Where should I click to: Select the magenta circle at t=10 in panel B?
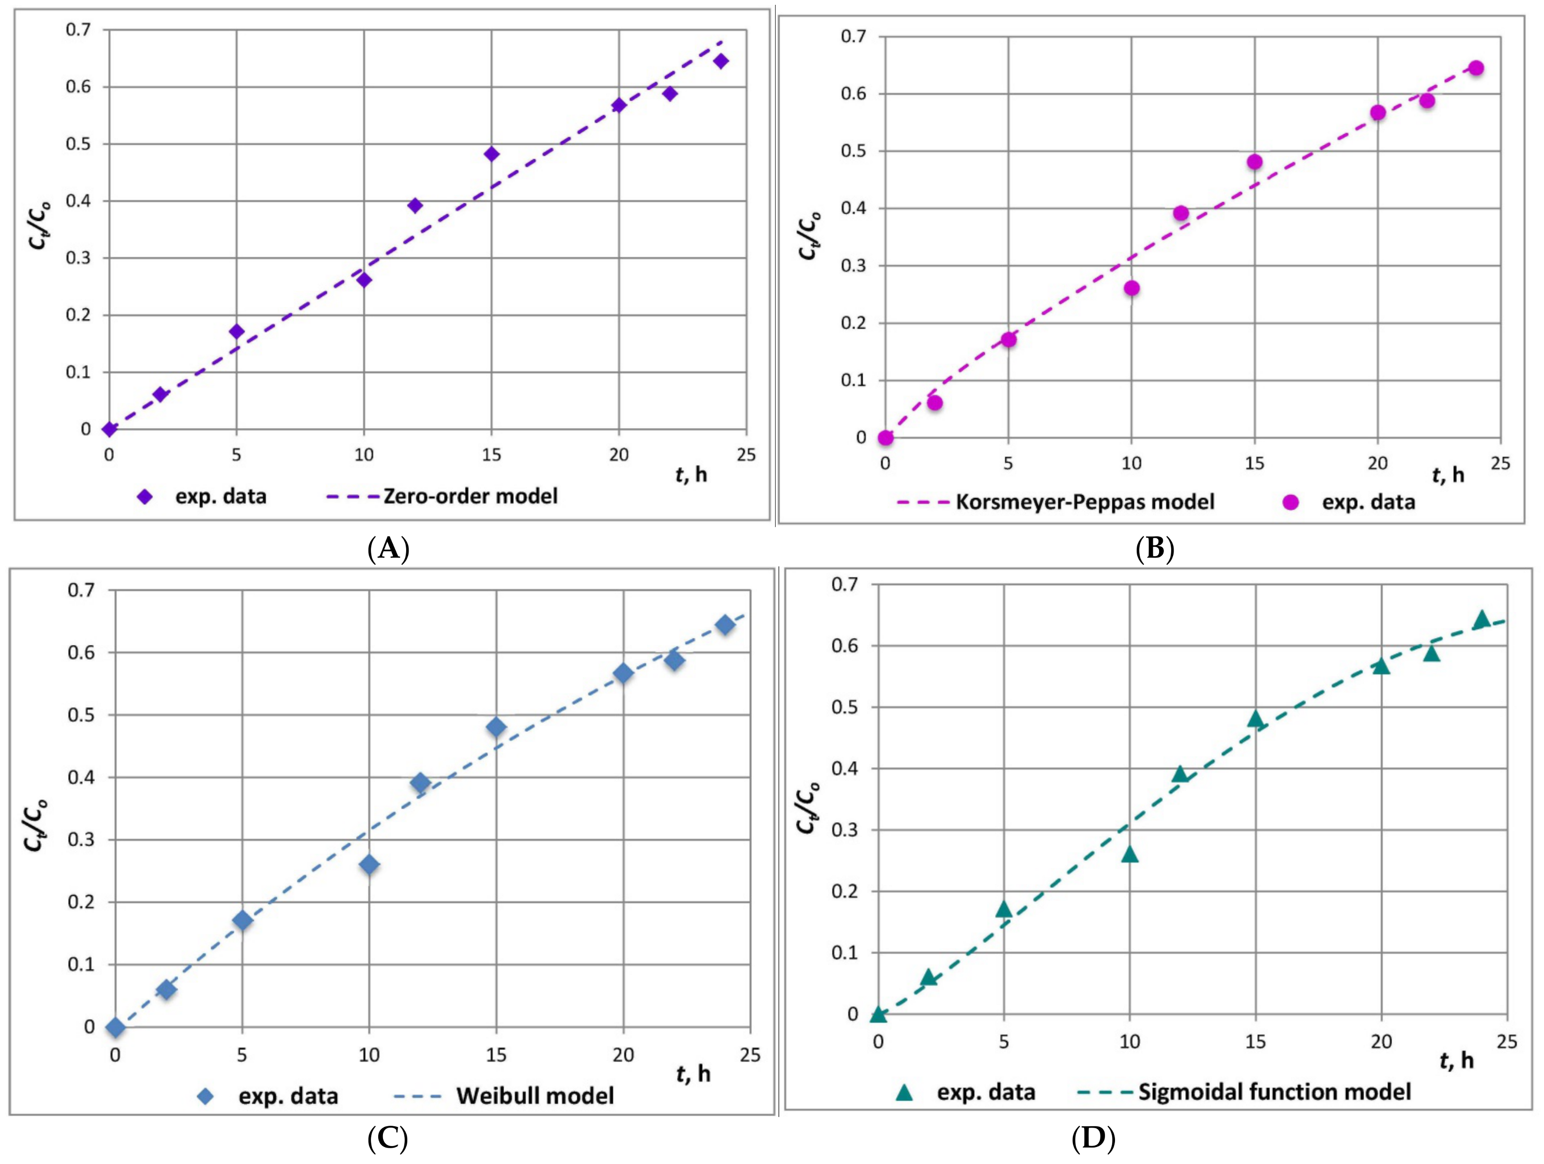(x=1131, y=288)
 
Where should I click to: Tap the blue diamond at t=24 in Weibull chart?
(x=725, y=624)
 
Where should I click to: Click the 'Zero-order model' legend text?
(x=471, y=496)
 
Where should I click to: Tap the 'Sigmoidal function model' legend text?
(x=1275, y=1091)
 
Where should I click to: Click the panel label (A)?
(x=388, y=549)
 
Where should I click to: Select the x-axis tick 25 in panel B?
(x=1500, y=463)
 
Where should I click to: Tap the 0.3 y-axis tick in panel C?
(x=81, y=840)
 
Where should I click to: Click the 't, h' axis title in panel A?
(x=691, y=474)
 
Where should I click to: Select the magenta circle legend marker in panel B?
(x=1291, y=502)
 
